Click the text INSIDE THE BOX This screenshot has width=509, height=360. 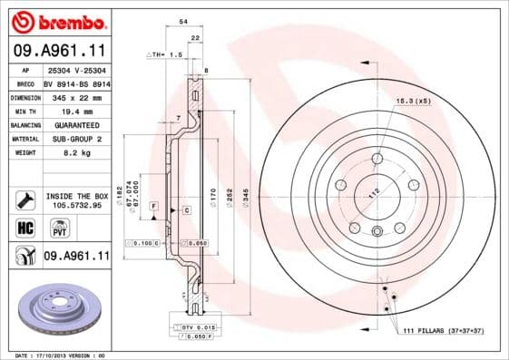point(75,195)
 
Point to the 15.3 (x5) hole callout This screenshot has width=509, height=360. point(413,102)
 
